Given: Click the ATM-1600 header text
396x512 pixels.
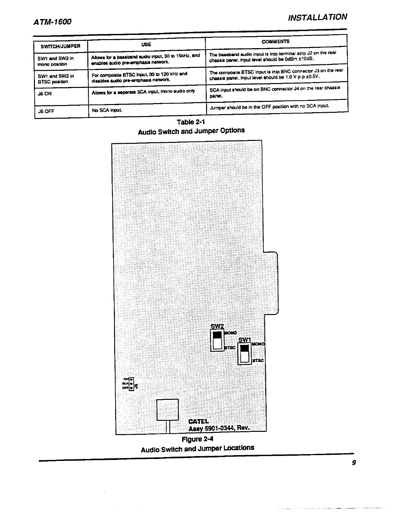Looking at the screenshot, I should coord(52,22).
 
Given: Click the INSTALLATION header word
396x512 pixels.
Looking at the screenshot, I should coord(317,17).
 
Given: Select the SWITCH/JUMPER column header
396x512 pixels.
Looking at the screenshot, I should coord(60,46).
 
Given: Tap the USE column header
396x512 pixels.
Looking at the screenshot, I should coord(146,44).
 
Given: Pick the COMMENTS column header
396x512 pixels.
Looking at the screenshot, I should coord(276,41).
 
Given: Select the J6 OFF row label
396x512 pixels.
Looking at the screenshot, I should coord(46,112).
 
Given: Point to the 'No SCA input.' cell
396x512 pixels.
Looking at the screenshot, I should coord(107,110).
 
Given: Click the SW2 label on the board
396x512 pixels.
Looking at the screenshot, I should coord(217,326).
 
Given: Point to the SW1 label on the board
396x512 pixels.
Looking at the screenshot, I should coord(245,340).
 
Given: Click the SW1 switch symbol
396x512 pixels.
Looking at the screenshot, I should coord(244,354).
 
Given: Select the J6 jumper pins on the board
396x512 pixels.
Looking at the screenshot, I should coord(131,383).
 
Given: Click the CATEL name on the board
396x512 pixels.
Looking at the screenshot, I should coord(198,421).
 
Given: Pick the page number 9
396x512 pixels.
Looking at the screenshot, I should coord(354,463).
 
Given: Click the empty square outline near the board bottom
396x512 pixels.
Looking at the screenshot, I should coord(168,410).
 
